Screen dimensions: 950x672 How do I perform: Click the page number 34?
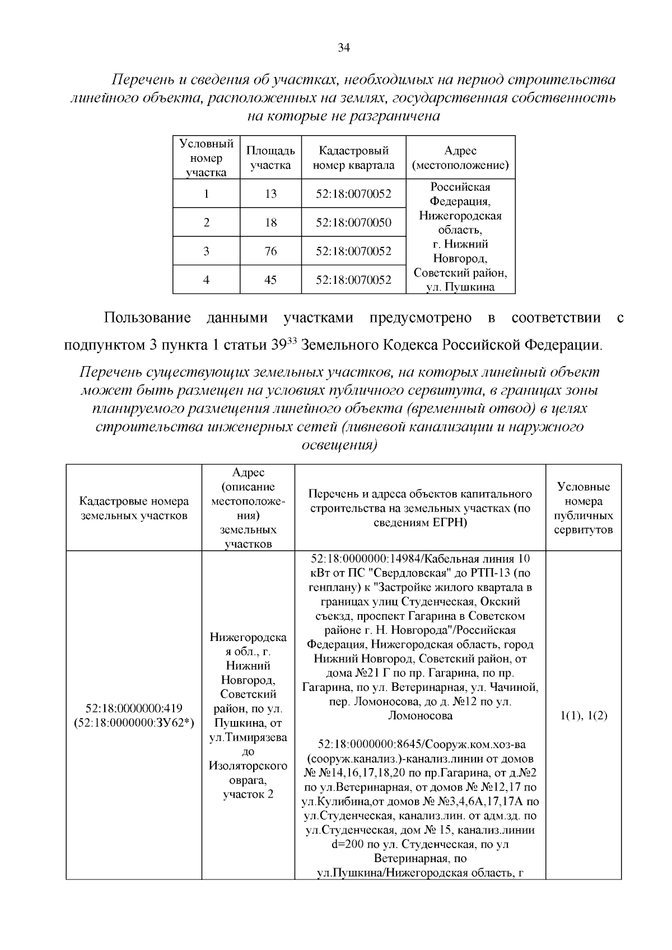[x=343, y=48]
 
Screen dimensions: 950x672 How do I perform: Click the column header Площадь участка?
[x=270, y=158]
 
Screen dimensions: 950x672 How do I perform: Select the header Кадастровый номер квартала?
[x=353, y=158]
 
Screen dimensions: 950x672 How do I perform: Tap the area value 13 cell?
[x=270, y=194]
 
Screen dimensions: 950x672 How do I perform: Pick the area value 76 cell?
[x=270, y=251]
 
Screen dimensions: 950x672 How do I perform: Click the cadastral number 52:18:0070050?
[x=353, y=223]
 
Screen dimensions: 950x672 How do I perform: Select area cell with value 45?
[x=270, y=280]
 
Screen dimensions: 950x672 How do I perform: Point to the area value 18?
[x=270, y=223]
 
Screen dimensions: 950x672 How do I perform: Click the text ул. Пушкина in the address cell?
[x=460, y=287]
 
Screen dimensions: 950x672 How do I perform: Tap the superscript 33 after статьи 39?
[x=291, y=340]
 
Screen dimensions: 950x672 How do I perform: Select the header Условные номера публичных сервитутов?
[x=584, y=508]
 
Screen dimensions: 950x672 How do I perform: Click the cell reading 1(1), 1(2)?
[x=584, y=716]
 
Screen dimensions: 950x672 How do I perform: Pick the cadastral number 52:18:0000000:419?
[x=134, y=709]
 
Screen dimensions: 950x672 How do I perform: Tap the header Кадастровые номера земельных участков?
[x=134, y=508]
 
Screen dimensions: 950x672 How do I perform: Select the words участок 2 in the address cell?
[x=248, y=794]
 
